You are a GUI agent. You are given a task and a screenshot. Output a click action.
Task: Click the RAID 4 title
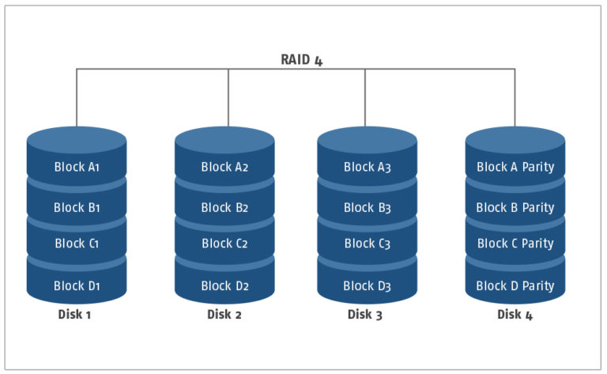pyautogui.click(x=302, y=60)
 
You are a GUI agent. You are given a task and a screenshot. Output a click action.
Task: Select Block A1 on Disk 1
pyautogui.click(x=77, y=167)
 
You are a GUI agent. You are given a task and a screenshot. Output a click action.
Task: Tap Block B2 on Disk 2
pyautogui.click(x=224, y=207)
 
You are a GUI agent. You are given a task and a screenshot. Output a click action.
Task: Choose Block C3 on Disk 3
pyautogui.click(x=368, y=244)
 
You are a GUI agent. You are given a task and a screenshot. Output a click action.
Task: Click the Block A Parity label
pyautogui.click(x=515, y=167)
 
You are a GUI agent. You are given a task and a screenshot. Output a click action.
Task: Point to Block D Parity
pyautogui.click(x=515, y=285)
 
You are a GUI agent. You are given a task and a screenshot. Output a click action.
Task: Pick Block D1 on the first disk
pyautogui.click(x=77, y=285)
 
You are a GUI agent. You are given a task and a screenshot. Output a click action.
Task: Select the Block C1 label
pyautogui.click(x=77, y=244)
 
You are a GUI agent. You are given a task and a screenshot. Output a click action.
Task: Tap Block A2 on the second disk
pyautogui.click(x=224, y=167)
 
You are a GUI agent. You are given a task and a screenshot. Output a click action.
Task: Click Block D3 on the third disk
pyautogui.click(x=367, y=285)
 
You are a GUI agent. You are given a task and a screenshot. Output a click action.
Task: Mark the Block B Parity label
pyautogui.click(x=515, y=207)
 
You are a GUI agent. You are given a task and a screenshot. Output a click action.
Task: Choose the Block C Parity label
pyautogui.click(x=515, y=244)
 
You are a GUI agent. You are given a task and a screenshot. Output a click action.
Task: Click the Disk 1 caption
pyautogui.click(x=74, y=315)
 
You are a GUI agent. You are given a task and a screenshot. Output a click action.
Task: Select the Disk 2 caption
pyautogui.click(x=224, y=315)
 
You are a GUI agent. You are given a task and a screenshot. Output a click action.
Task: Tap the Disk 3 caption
pyautogui.click(x=364, y=315)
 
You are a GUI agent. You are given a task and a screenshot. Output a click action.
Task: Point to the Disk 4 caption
pyautogui.click(x=515, y=315)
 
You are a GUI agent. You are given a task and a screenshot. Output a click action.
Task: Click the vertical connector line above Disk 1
pyautogui.click(x=77, y=97)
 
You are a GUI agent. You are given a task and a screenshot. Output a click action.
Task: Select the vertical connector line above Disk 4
pyautogui.click(x=515, y=97)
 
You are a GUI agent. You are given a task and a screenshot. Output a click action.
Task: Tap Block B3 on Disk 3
pyautogui.click(x=368, y=207)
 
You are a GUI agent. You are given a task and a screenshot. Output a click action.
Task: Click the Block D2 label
pyautogui.click(x=224, y=285)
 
